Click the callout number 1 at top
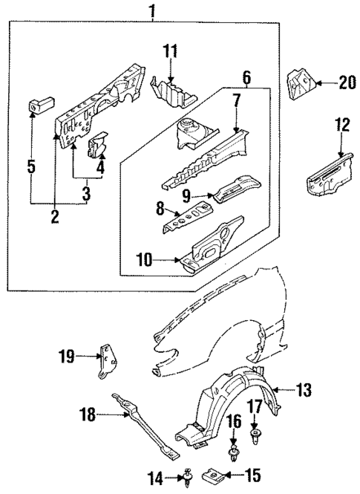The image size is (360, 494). point(154,10)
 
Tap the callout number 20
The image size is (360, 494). point(347,83)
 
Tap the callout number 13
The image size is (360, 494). point(304,389)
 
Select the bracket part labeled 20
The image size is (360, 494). point(299,86)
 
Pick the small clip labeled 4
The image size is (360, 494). point(97,144)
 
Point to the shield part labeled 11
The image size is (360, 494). point(172,91)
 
